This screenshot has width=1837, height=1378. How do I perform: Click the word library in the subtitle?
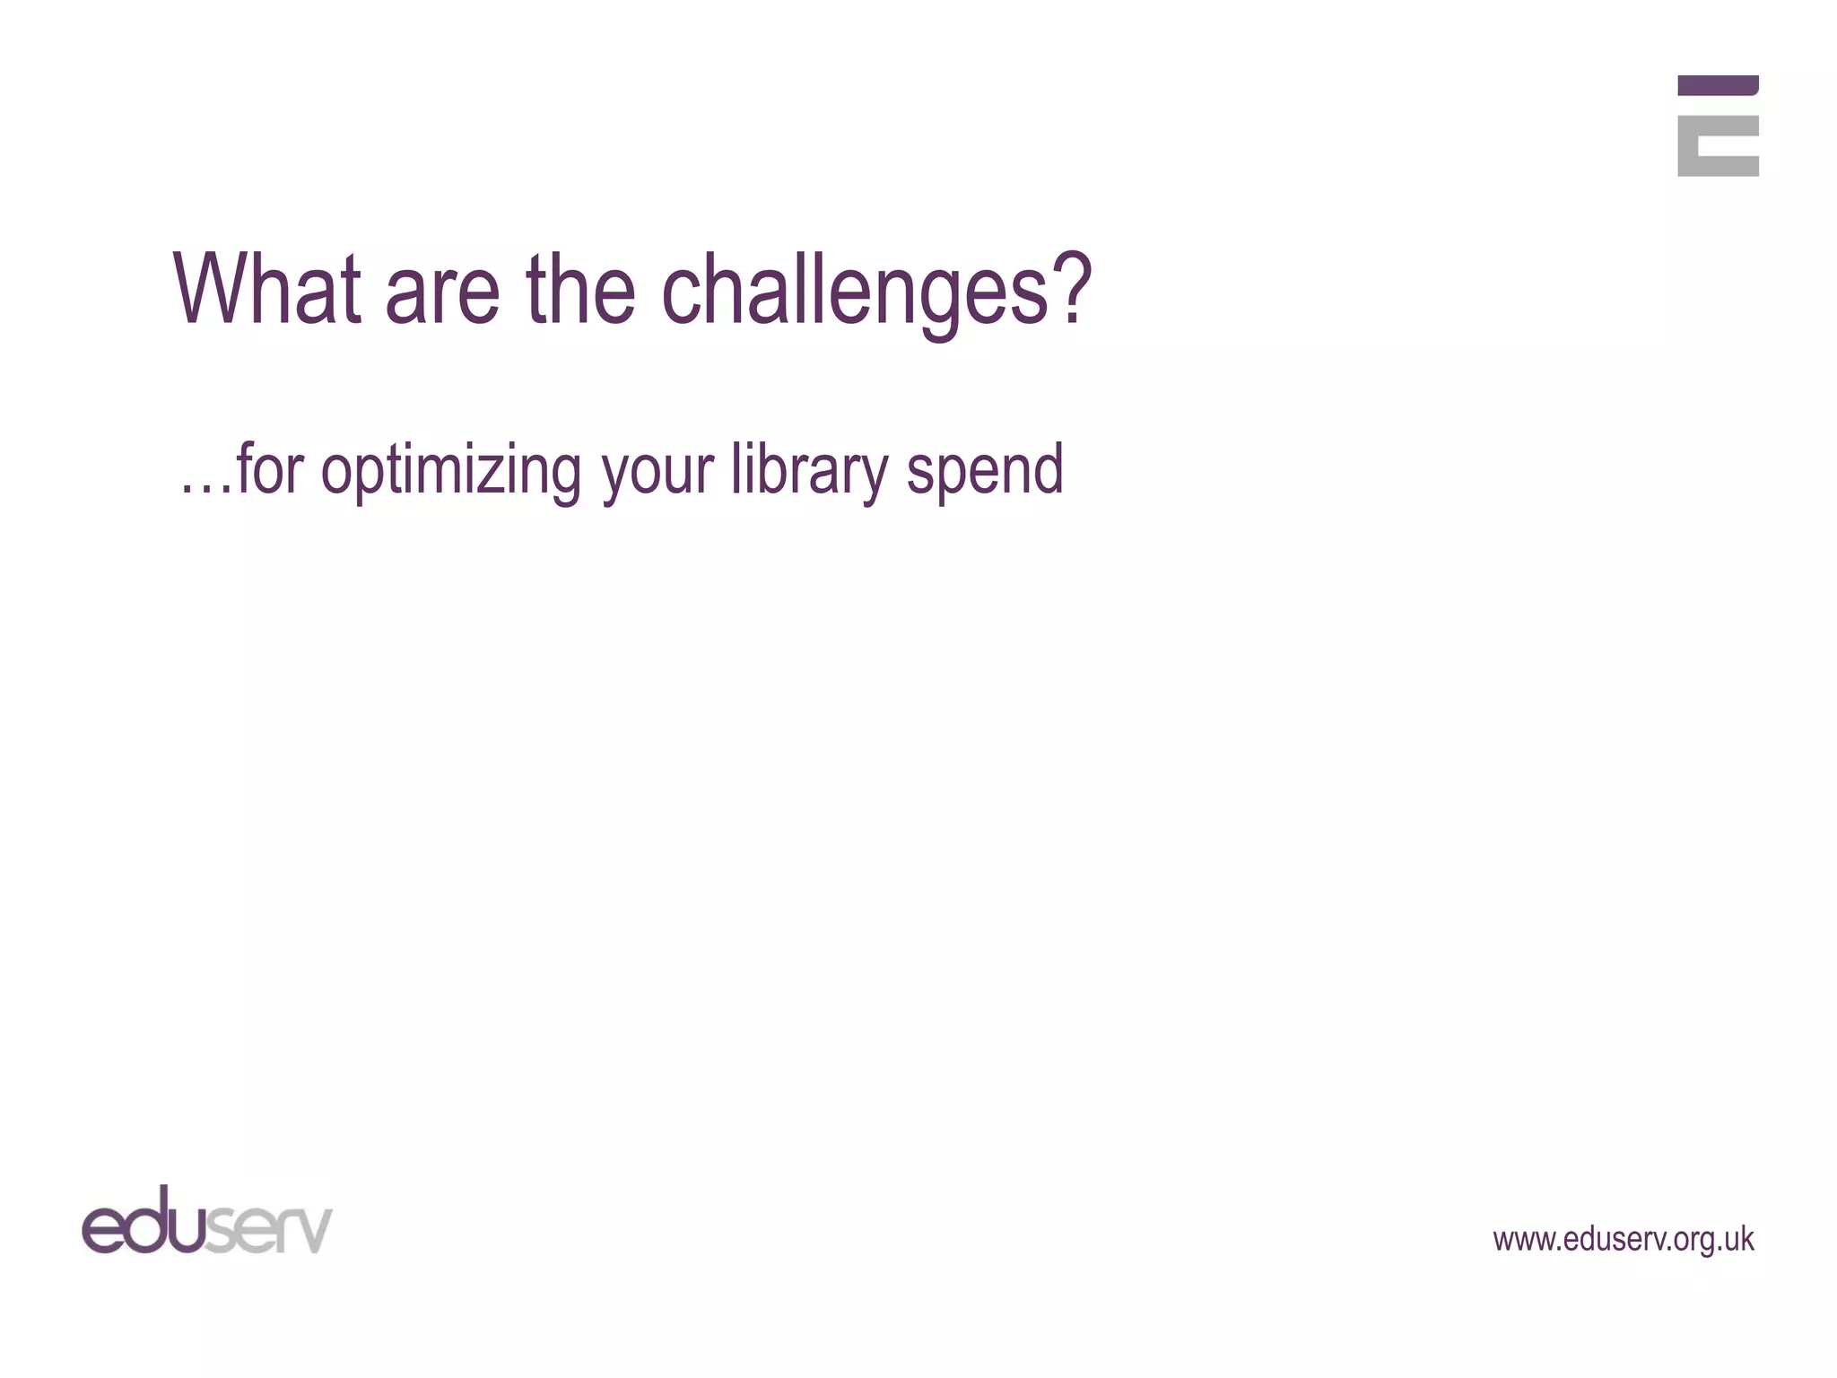[x=809, y=470]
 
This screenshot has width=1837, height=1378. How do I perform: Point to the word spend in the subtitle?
[x=985, y=472]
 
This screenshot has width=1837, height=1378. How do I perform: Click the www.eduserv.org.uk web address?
[x=1623, y=1239]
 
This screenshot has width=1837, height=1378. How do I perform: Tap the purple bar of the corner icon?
[x=1718, y=85]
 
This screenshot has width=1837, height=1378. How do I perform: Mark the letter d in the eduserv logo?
[x=147, y=1220]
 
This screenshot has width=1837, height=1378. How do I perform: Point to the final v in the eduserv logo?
[x=314, y=1231]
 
